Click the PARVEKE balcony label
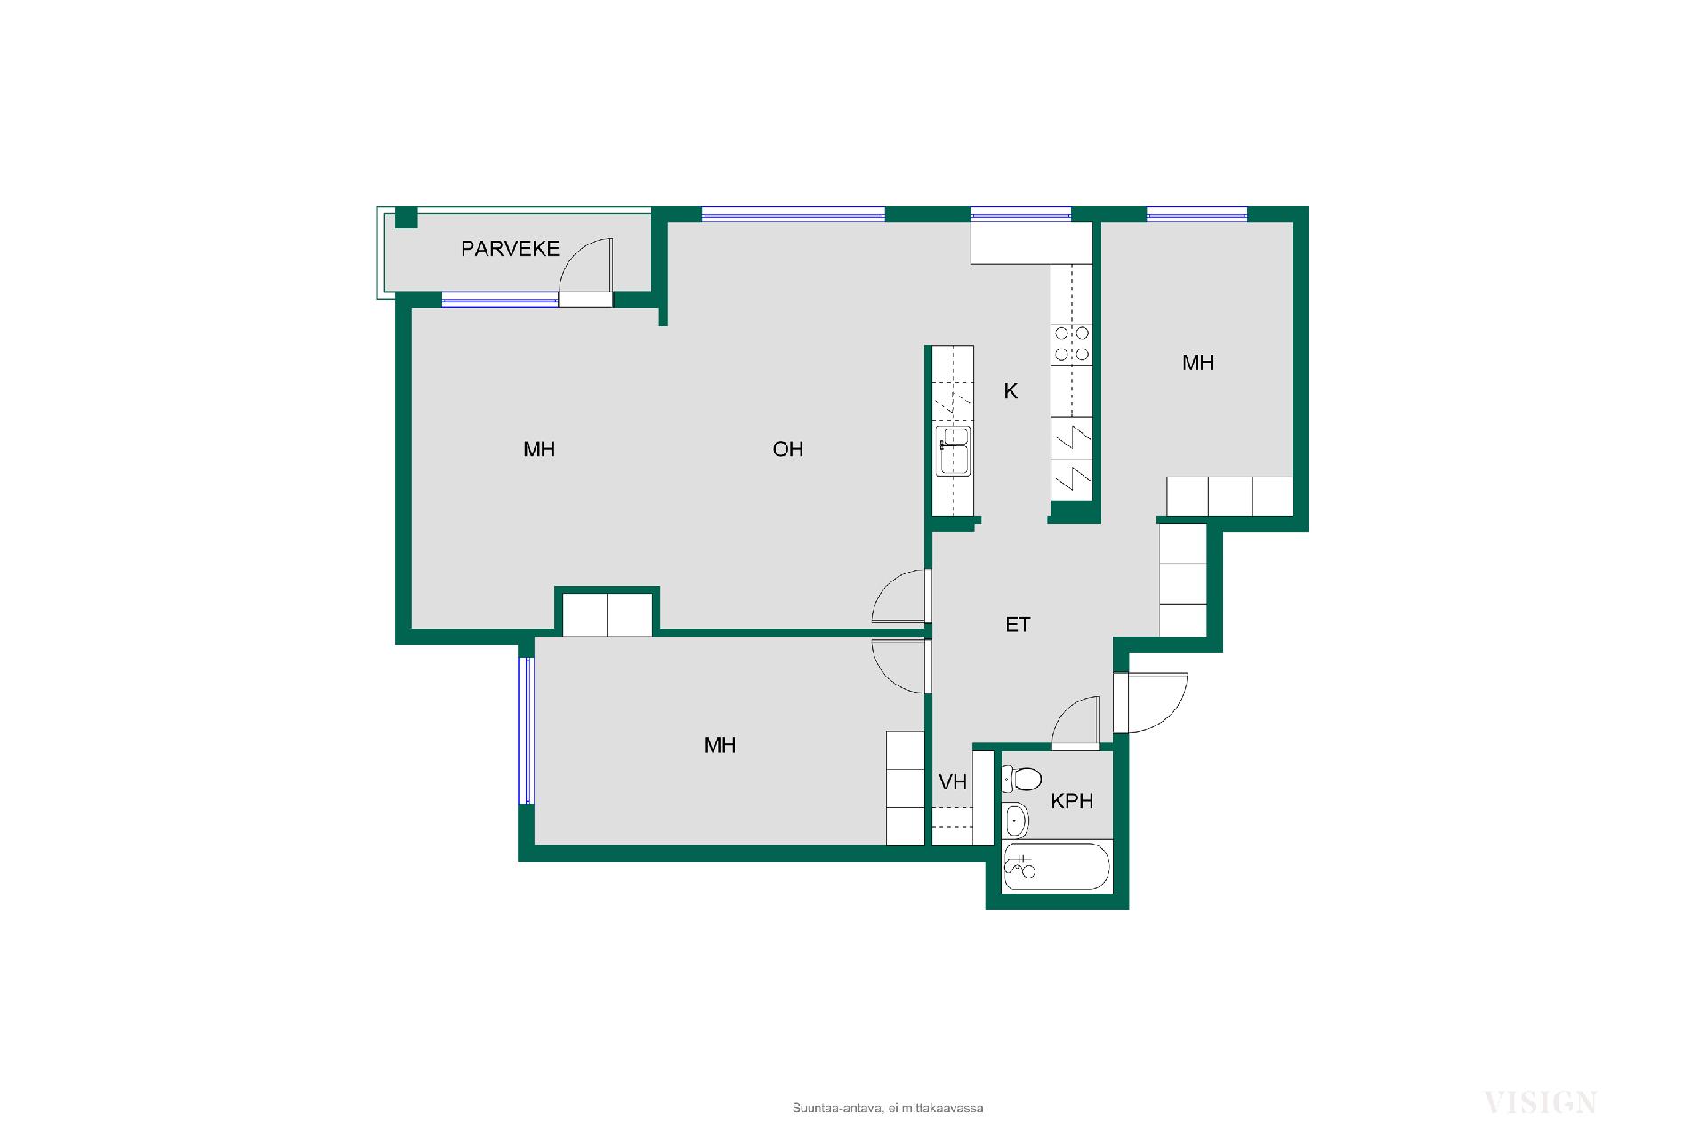[510, 249]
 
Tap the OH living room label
[788, 450]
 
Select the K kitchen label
[1011, 391]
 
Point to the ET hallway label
[1018, 625]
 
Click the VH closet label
[953, 782]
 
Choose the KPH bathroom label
[1072, 801]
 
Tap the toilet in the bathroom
[1022, 780]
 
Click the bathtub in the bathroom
[1057, 867]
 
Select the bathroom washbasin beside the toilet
[1015, 820]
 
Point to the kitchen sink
[954, 452]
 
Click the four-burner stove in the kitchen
[1071, 344]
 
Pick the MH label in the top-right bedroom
[1197, 363]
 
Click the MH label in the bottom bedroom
[720, 746]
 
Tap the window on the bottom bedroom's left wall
[527, 731]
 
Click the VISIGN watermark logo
[1540, 1103]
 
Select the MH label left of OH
[539, 450]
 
